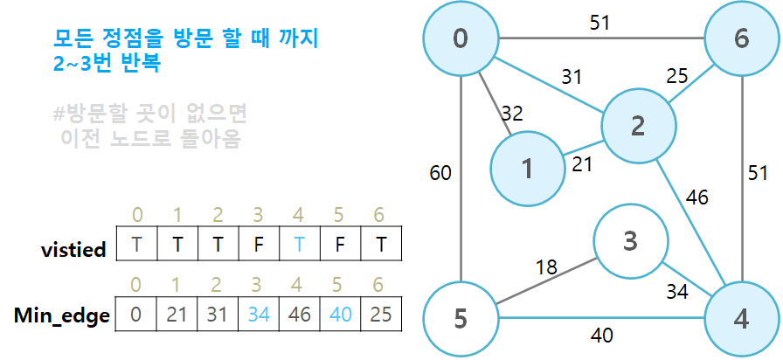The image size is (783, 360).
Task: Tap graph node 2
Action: tap(637, 128)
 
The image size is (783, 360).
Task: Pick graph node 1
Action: tap(527, 170)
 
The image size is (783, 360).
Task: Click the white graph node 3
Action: tap(629, 240)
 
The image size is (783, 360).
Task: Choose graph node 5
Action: tap(460, 320)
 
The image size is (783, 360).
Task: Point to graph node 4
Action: tap(741, 320)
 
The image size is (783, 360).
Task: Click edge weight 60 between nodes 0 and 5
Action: tap(440, 172)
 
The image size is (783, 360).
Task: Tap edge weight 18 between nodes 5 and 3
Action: tap(546, 267)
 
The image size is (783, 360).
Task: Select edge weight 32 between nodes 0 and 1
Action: tap(513, 113)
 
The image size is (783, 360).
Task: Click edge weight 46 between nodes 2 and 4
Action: tap(697, 197)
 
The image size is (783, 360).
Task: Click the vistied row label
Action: tap(74, 249)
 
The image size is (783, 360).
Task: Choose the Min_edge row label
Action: tap(62, 315)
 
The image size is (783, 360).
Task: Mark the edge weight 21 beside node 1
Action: tap(583, 163)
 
